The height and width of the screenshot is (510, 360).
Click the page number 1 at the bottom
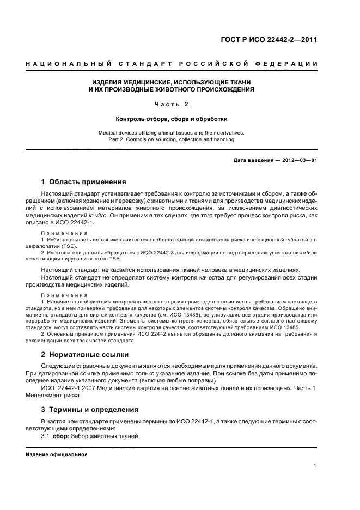tap(315, 466)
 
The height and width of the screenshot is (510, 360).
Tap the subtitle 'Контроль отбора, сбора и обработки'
tap(171, 118)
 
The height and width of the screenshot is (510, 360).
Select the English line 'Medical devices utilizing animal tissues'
tap(171, 132)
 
